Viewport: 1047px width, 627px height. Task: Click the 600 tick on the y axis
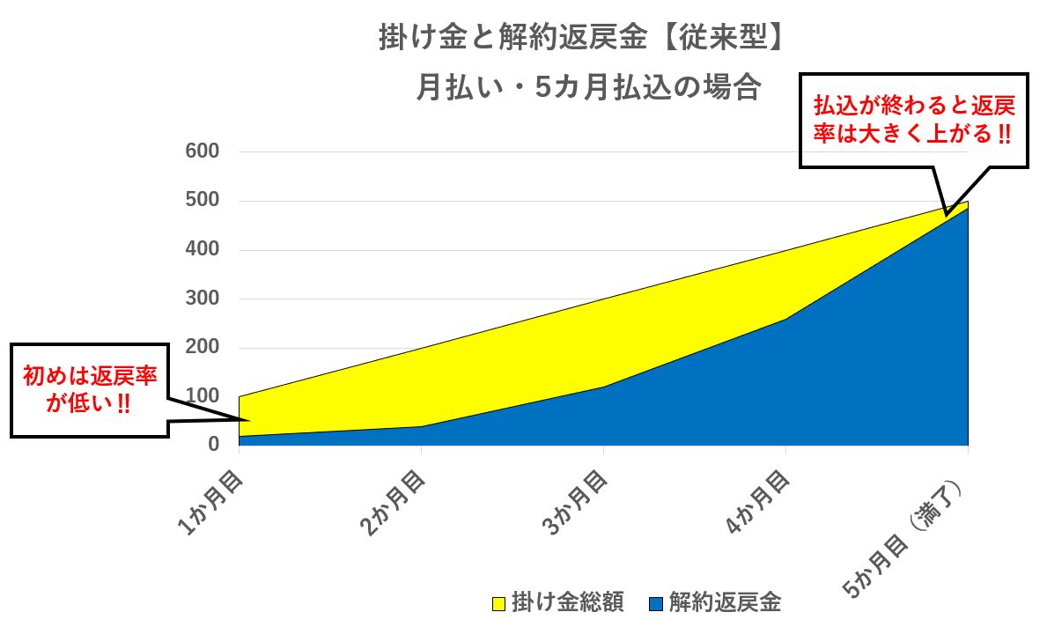tap(203, 151)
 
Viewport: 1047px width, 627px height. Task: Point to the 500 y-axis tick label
tap(203, 200)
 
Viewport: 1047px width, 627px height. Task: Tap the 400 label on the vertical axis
tap(203, 249)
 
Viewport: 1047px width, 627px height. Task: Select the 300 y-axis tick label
tap(203, 298)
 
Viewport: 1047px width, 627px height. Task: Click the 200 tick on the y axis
tap(203, 347)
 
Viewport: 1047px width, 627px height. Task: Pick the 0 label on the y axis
tap(214, 444)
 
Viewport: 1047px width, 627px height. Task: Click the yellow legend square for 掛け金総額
tap(498, 603)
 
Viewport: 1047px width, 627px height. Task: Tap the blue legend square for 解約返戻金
tap(656, 603)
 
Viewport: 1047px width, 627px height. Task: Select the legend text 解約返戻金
tap(726, 602)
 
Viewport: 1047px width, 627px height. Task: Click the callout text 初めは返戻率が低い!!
tap(90, 389)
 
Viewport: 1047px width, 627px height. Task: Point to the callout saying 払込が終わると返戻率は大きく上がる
tap(913, 120)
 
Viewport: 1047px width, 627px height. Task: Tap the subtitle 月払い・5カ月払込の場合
tap(588, 87)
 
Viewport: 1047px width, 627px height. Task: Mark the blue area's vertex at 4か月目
tap(786, 319)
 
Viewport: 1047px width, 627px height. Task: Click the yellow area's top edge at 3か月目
tap(603, 299)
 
